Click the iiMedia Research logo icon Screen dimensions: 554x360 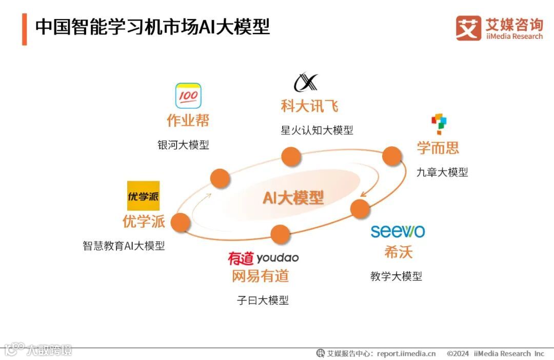click(x=468, y=28)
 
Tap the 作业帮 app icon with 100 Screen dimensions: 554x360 click(x=188, y=96)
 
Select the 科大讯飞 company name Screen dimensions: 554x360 click(x=309, y=106)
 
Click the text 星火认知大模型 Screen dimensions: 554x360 click(x=316, y=130)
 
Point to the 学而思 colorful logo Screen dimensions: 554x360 click(x=439, y=125)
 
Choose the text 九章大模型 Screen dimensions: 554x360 click(x=442, y=172)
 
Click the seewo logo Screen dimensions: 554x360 click(x=398, y=231)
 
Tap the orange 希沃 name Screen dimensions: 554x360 click(x=399, y=252)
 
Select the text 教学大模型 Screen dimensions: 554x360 click(x=396, y=276)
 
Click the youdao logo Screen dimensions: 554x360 click(x=263, y=257)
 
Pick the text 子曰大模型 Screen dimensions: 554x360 click(x=263, y=301)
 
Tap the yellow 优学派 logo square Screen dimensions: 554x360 click(x=144, y=196)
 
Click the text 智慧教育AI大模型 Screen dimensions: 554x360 click(x=124, y=246)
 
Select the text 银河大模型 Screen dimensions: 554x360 click(x=183, y=145)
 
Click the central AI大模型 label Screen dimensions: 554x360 click(x=293, y=197)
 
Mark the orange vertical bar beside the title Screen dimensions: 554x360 click(x=24, y=29)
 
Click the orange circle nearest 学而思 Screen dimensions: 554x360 click(x=391, y=156)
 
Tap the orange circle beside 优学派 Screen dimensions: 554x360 click(x=181, y=223)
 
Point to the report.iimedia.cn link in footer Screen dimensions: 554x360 click(x=406, y=353)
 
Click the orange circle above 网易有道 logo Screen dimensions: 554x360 click(x=280, y=234)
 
